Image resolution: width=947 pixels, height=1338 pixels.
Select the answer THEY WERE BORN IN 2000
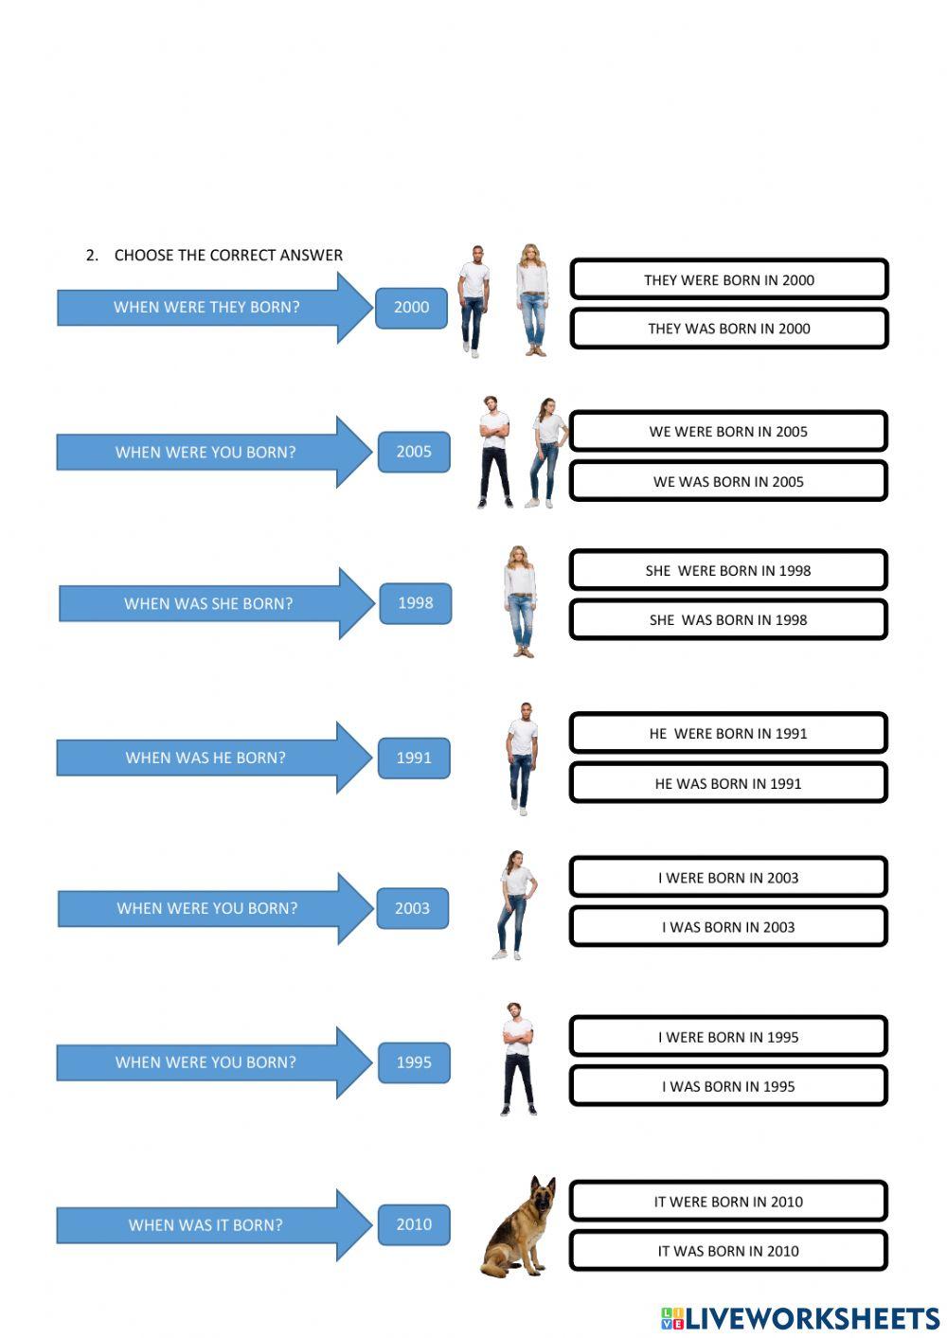[728, 279]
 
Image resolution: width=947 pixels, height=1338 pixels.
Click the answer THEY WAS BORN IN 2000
[728, 329]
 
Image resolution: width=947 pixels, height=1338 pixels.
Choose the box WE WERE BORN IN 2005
[728, 432]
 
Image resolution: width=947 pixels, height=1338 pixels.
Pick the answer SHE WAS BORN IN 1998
[728, 620]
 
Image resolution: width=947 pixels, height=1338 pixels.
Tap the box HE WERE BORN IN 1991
[728, 734]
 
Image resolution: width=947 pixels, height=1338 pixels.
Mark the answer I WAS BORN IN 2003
[728, 927]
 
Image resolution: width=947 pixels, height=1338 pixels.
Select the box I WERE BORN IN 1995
[728, 1037]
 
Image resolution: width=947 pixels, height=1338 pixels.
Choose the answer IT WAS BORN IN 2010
[728, 1251]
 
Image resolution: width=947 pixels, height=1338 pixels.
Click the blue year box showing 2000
[411, 307]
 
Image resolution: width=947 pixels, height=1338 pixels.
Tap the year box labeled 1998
[415, 603]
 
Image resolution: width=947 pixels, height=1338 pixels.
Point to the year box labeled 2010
[414, 1224]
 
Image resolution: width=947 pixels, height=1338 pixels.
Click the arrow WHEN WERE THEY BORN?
[206, 307]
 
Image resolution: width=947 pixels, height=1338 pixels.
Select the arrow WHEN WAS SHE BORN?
[208, 603]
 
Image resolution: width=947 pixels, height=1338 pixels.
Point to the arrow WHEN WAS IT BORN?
[205, 1225]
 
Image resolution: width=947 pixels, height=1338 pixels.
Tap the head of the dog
[542, 1195]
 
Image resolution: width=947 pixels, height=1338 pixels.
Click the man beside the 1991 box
[522, 758]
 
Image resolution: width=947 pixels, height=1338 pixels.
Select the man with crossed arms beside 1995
[517, 1058]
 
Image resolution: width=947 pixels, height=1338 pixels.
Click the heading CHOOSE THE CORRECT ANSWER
[228, 255]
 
